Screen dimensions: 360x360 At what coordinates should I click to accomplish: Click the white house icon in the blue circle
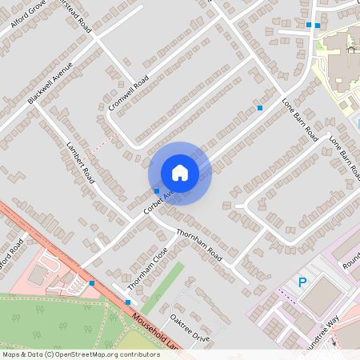pyautogui.click(x=180, y=173)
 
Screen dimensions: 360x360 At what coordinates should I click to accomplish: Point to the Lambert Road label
pyautogui.click(x=81, y=165)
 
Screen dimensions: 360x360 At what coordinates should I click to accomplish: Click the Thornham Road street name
pyautogui.click(x=198, y=244)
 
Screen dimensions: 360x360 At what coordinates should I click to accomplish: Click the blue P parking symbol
pyautogui.click(x=302, y=282)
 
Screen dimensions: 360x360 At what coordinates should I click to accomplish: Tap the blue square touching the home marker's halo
pyautogui.click(x=156, y=190)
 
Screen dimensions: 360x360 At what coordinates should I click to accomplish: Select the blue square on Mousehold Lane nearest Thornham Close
pyautogui.click(x=128, y=302)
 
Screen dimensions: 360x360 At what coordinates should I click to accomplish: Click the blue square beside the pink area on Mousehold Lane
pyautogui.click(x=92, y=283)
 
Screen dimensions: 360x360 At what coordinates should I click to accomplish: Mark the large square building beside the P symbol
pyautogui.click(x=324, y=297)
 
